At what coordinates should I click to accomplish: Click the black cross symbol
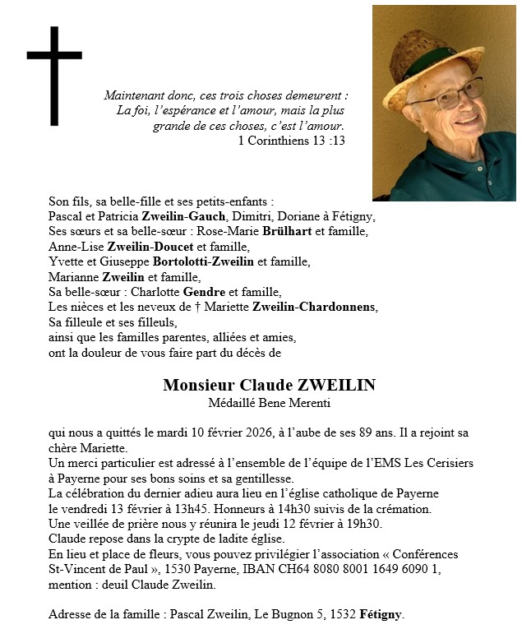(54, 76)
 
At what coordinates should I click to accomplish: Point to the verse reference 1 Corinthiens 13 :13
(291, 141)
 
